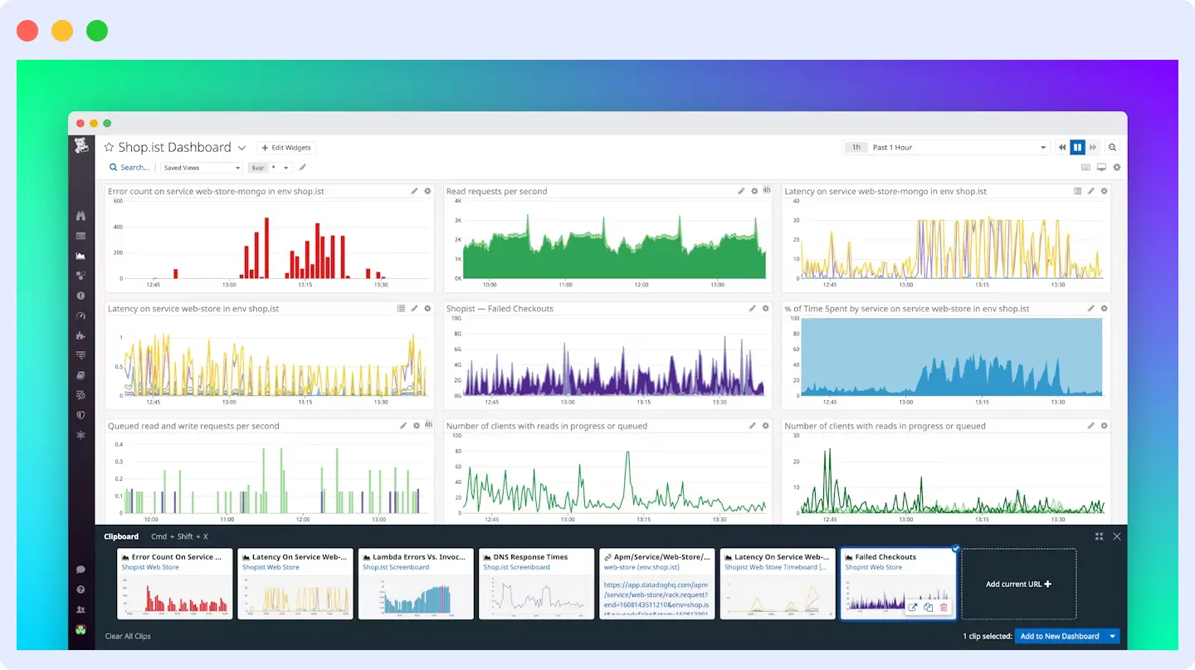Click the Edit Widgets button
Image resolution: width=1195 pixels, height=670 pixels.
pyautogui.click(x=285, y=148)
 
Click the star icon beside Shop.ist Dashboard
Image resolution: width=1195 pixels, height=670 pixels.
pyautogui.click(x=109, y=147)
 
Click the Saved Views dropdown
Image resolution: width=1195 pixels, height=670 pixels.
pyautogui.click(x=201, y=168)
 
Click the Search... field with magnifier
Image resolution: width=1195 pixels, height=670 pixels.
pyautogui.click(x=130, y=168)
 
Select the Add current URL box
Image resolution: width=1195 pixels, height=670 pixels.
pyautogui.click(x=1018, y=584)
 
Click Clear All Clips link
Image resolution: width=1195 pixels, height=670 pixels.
pyautogui.click(x=128, y=636)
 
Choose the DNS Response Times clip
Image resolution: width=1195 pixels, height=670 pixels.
pyautogui.click(x=537, y=584)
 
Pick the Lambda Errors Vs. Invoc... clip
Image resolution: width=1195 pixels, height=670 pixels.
pyautogui.click(x=416, y=584)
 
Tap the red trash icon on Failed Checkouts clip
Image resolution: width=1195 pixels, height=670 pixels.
pyautogui.click(x=944, y=608)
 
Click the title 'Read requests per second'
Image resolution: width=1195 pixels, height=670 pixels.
pyautogui.click(x=496, y=192)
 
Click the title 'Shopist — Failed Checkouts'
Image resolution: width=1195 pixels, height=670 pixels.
pyautogui.click(x=500, y=309)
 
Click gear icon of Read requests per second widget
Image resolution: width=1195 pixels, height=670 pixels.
pyautogui.click(x=754, y=192)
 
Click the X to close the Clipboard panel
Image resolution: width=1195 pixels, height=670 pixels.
pyautogui.click(x=1116, y=536)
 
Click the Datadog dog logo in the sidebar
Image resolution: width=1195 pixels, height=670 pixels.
pyautogui.click(x=81, y=147)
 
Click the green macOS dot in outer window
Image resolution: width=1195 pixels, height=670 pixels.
pyautogui.click(x=97, y=32)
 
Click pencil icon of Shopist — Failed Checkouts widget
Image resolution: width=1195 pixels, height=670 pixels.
pyautogui.click(x=752, y=309)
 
